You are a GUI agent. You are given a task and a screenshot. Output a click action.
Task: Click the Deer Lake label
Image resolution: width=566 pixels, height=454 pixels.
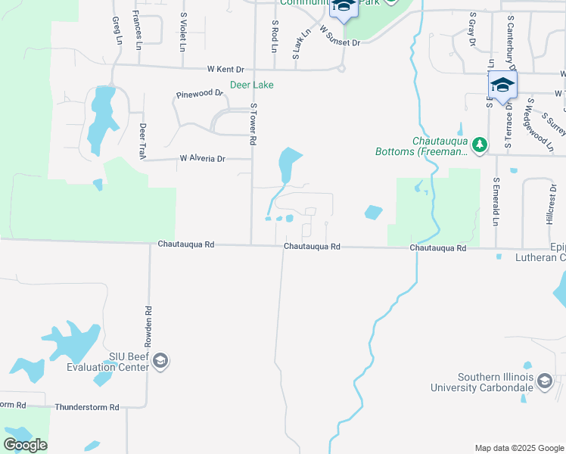(253, 86)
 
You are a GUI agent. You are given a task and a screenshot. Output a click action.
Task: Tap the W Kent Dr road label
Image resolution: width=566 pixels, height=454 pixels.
(226, 69)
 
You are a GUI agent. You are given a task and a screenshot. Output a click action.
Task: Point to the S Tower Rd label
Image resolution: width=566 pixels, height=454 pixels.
(253, 124)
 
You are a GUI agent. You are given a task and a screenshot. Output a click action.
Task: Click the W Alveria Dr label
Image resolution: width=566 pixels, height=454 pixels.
(202, 159)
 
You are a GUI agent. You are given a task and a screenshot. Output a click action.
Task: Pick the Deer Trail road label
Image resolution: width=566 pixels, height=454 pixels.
(141, 141)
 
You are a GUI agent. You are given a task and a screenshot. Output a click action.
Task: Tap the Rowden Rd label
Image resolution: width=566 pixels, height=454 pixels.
(149, 326)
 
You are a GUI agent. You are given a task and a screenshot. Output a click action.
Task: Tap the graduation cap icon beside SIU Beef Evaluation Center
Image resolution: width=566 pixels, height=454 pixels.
(160, 362)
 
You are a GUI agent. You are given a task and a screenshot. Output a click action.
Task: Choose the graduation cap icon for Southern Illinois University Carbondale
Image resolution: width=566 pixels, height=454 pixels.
(545, 383)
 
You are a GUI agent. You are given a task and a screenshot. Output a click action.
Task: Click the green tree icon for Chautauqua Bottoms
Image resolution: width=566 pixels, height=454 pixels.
(479, 145)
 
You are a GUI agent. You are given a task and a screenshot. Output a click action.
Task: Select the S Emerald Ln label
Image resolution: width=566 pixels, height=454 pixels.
(496, 201)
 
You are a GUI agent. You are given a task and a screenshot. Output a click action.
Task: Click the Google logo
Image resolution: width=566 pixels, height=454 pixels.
(25, 445)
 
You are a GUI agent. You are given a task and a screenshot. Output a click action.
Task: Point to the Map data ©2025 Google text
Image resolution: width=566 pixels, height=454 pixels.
(518, 448)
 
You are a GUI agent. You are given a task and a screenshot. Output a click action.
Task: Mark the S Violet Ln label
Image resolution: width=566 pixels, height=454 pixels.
(183, 31)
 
